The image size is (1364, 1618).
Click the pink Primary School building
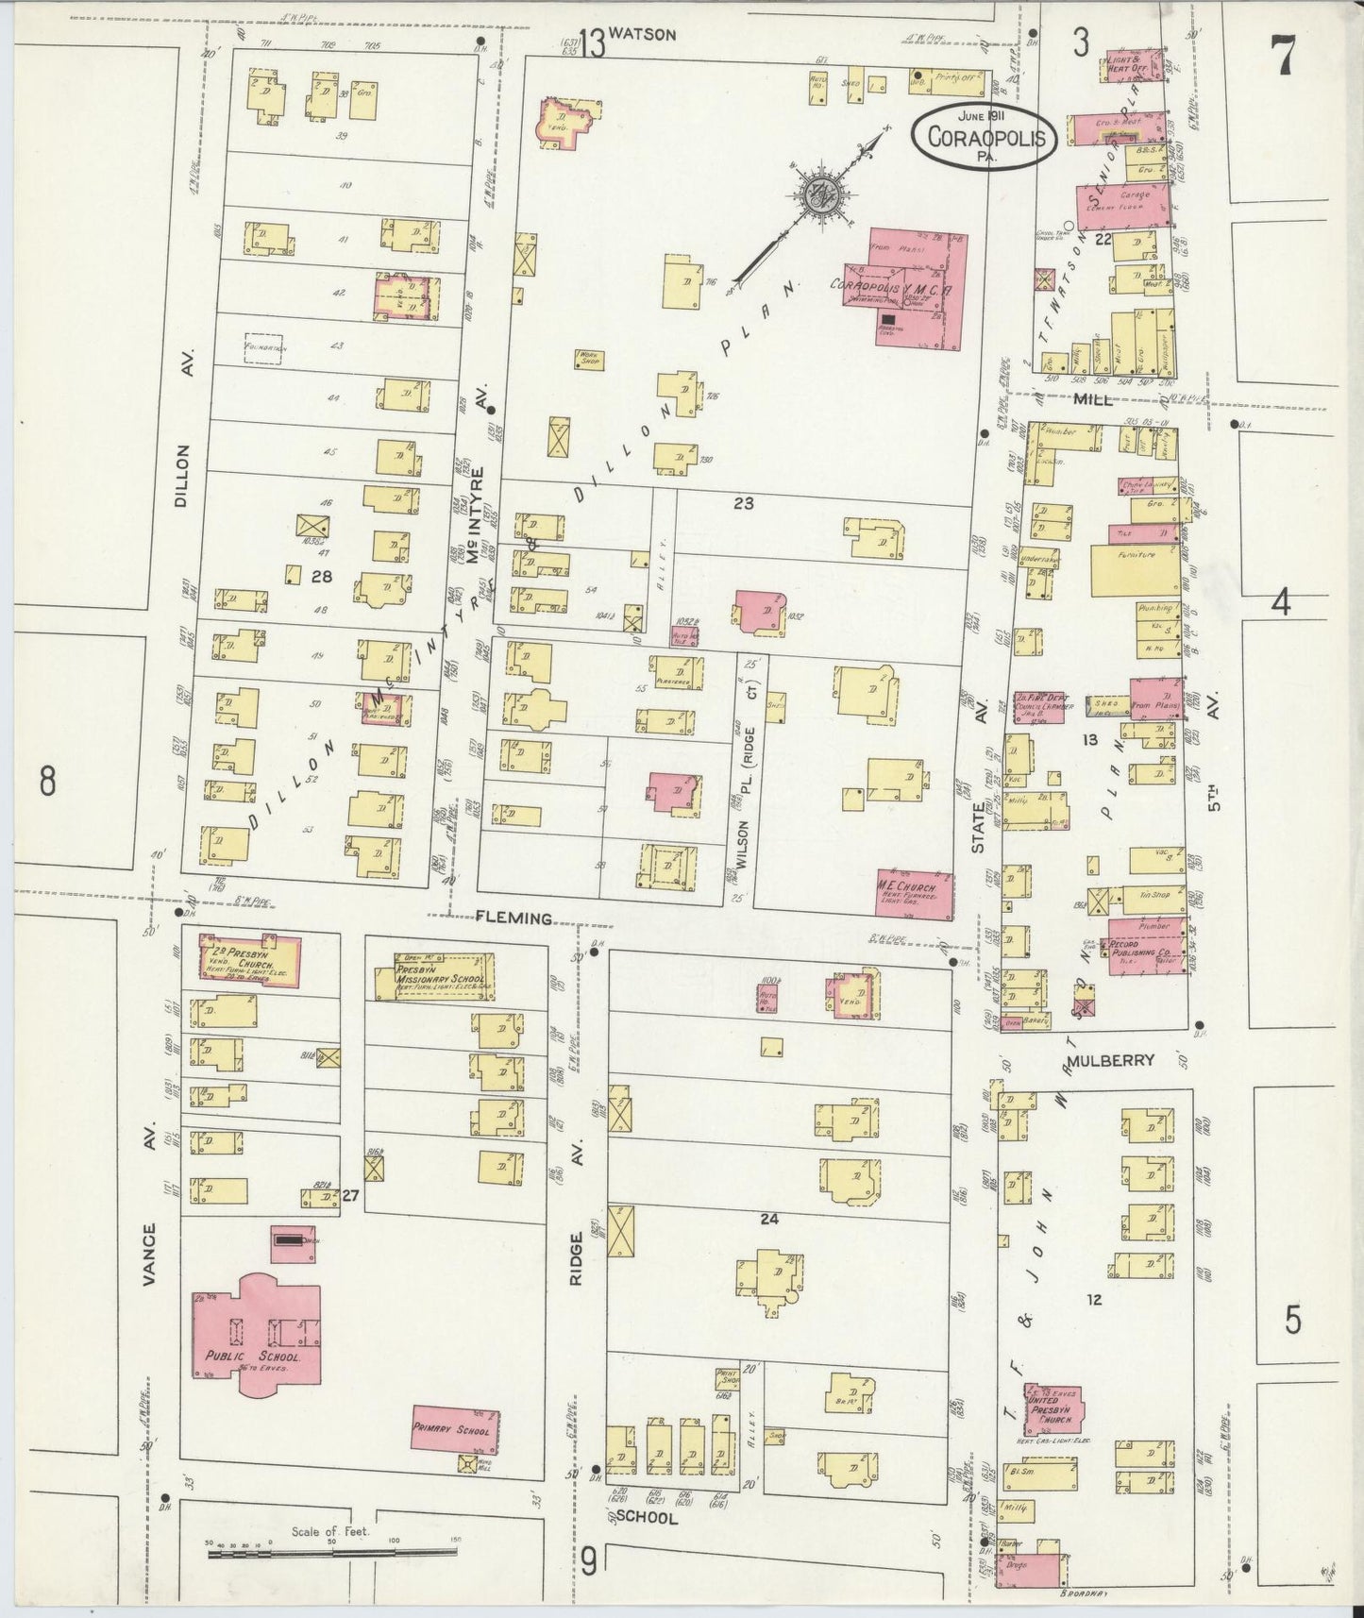coord(456,1430)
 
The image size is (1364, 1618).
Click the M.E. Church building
coord(914,894)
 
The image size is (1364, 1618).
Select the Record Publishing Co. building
coord(1146,946)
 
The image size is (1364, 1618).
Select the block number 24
coord(768,1219)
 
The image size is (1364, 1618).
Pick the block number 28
coord(322,576)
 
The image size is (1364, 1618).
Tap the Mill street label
coord(1094,398)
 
